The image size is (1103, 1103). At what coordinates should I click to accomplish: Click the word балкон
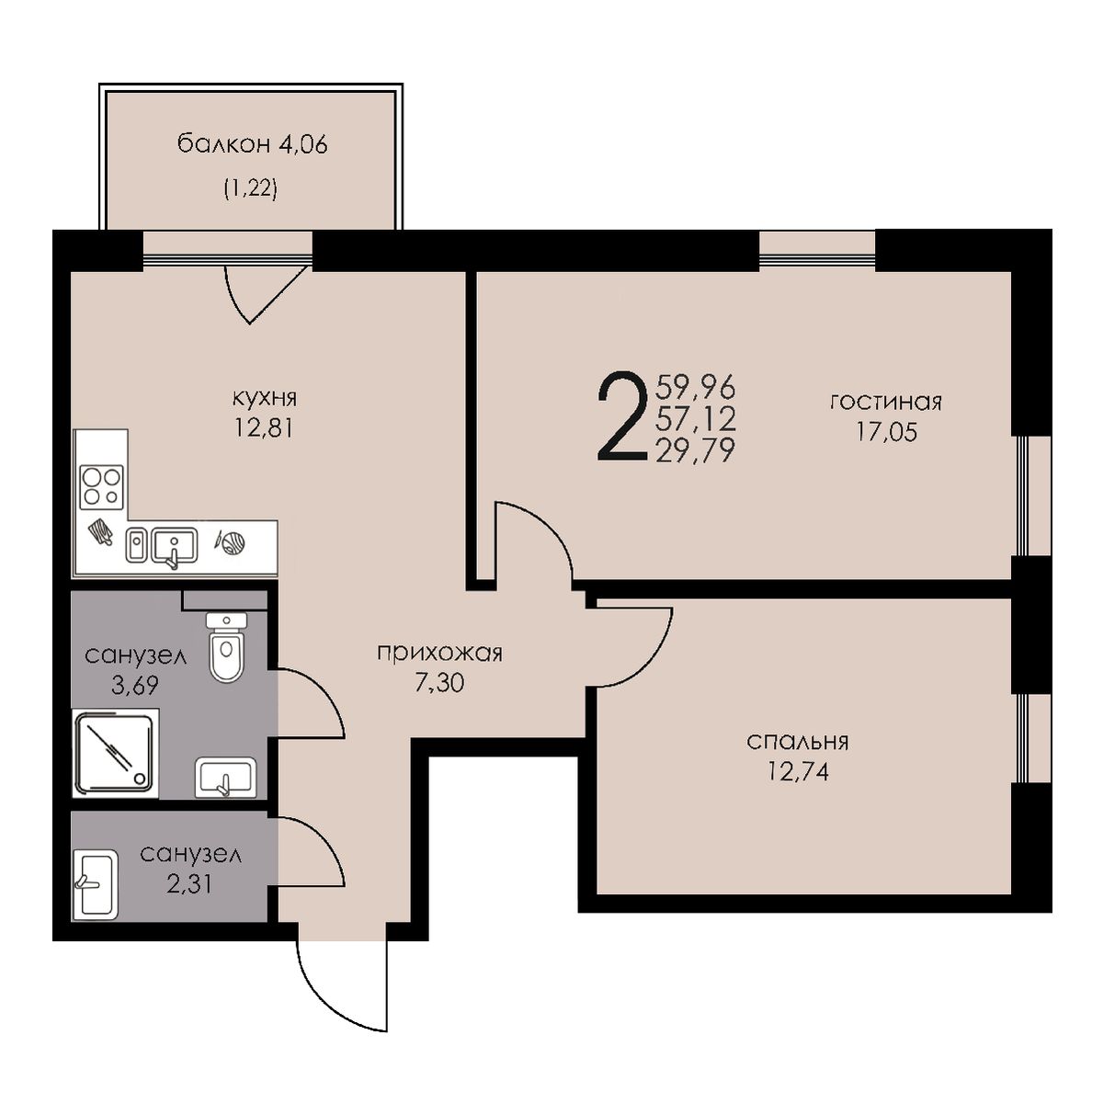(223, 145)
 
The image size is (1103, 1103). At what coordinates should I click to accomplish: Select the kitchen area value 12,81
(263, 427)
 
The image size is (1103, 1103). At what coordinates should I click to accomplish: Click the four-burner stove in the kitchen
(102, 487)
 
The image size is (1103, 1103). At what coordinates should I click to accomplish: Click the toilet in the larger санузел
(227, 647)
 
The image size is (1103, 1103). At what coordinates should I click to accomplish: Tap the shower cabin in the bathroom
(116, 753)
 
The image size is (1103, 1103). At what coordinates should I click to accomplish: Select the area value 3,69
(135, 685)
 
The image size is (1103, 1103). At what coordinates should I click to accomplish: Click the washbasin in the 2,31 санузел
(95, 885)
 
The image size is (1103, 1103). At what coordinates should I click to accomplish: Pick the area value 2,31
(189, 883)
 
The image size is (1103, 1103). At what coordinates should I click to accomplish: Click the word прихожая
(439, 654)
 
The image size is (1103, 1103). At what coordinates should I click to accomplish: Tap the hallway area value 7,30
(439, 683)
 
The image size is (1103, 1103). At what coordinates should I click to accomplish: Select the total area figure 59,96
(696, 387)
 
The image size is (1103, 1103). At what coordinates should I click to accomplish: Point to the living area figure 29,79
(696, 451)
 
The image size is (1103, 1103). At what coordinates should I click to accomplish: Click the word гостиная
(886, 402)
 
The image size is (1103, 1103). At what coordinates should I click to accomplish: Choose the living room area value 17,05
(887, 431)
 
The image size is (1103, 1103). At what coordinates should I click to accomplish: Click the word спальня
(798, 743)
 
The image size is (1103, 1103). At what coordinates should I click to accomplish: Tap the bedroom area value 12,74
(799, 772)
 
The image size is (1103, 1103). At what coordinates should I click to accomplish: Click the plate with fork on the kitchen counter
(230, 541)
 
